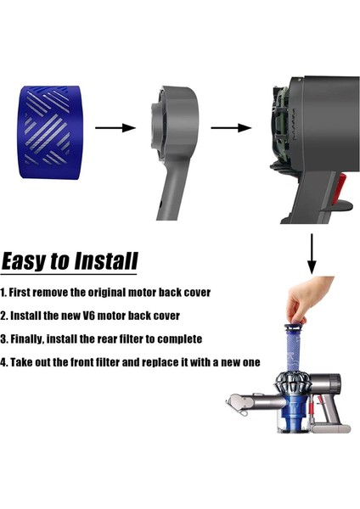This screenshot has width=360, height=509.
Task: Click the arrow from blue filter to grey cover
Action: [115, 128]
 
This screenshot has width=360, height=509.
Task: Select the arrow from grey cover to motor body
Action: [231, 128]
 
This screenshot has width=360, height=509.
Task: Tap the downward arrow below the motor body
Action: [312, 255]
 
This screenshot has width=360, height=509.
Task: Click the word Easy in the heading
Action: [24, 260]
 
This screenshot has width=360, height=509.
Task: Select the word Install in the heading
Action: [106, 260]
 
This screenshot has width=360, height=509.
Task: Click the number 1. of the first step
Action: [4, 293]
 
